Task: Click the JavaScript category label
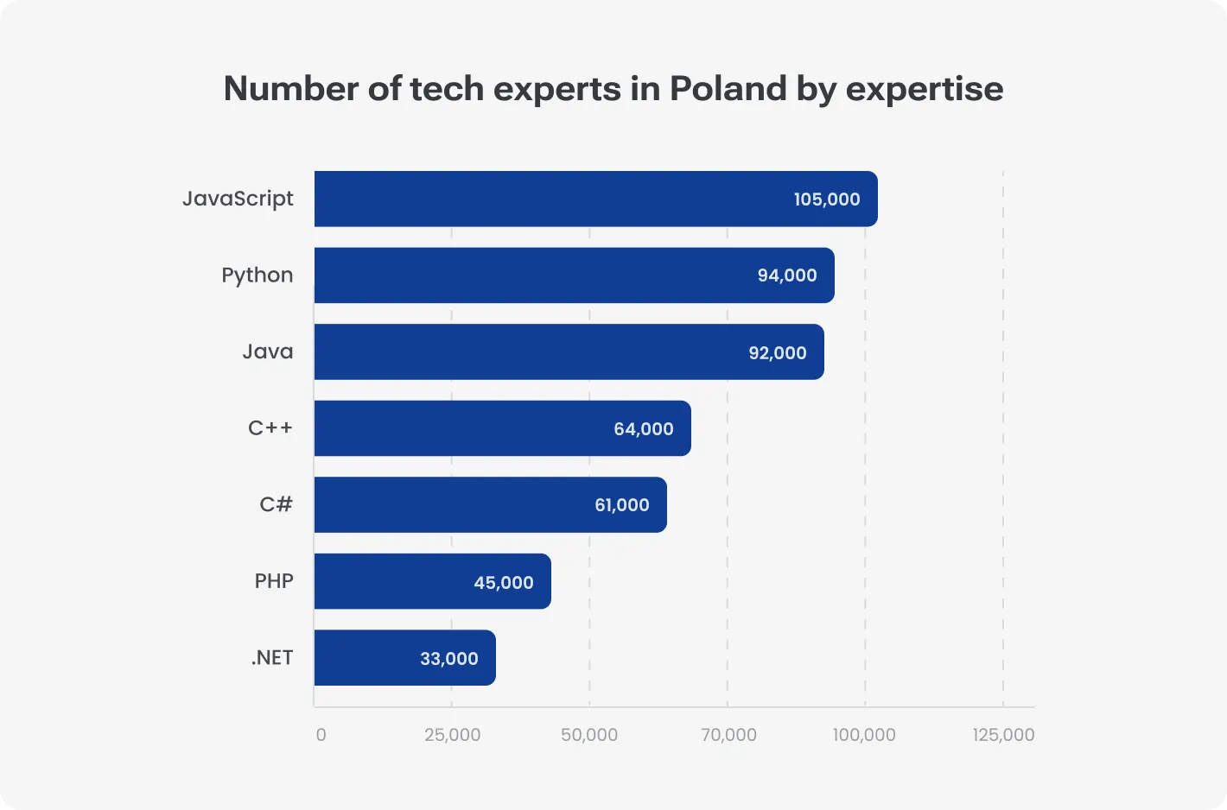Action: coord(238,199)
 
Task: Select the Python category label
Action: coord(257,275)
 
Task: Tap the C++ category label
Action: coord(270,428)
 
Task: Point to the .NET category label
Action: coord(272,658)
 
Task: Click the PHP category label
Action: coord(274,581)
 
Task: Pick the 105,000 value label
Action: coord(827,199)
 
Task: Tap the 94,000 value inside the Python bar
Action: coord(787,275)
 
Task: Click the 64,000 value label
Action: coord(644,429)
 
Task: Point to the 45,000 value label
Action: coord(504,583)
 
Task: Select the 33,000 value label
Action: coord(449,659)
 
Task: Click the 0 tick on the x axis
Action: coord(321,735)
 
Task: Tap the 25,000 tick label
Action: coord(452,735)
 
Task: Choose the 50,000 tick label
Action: coord(589,735)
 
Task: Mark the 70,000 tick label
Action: coord(728,735)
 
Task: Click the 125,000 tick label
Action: coord(1003,735)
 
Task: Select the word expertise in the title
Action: coord(924,90)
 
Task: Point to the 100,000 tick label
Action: coord(864,735)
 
